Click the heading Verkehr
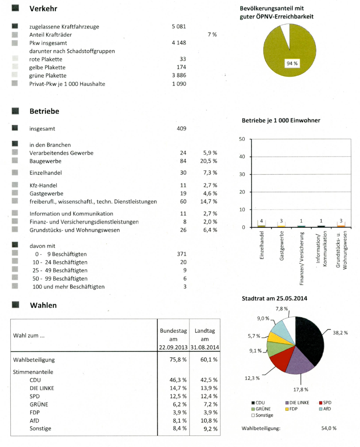(43, 9)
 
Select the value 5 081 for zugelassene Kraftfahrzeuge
(179, 27)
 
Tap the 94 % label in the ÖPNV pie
(292, 63)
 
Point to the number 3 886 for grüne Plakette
(179, 75)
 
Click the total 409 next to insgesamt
(181, 128)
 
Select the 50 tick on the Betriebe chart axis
(242, 139)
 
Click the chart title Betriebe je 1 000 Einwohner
(281, 120)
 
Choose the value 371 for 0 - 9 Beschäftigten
(181, 254)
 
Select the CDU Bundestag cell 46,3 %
(178, 380)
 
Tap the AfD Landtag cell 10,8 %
(209, 420)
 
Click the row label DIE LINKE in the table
(42, 388)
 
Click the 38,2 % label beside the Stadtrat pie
(340, 332)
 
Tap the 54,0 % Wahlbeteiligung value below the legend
(329, 428)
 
